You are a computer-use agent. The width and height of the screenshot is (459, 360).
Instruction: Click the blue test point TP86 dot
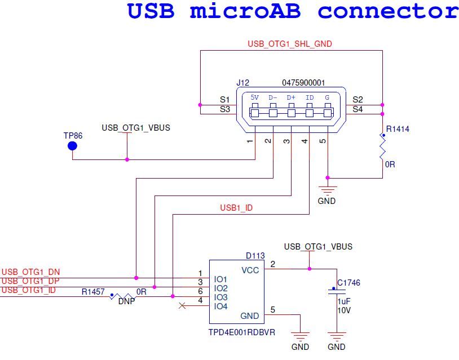pyautogui.click(x=72, y=146)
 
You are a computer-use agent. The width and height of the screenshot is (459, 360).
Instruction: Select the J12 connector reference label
pyautogui.click(x=242, y=83)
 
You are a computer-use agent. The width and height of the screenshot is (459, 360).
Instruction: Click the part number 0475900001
pyautogui.click(x=303, y=83)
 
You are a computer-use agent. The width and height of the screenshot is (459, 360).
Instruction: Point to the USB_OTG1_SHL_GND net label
pyautogui.click(x=290, y=43)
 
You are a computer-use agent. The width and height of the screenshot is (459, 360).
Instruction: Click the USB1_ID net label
pyautogui.click(x=236, y=208)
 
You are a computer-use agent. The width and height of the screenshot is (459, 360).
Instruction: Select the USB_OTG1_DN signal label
pyautogui.click(x=30, y=272)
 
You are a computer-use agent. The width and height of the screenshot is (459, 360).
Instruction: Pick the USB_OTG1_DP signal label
pyautogui.click(x=30, y=281)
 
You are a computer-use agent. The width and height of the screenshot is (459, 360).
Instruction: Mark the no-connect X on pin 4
pyautogui.click(x=182, y=306)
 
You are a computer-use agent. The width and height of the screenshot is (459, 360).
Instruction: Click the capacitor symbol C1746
pyautogui.click(x=337, y=291)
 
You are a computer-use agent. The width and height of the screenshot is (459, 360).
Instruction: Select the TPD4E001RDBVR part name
pyautogui.click(x=242, y=332)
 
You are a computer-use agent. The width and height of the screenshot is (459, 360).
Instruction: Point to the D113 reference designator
pyautogui.click(x=255, y=256)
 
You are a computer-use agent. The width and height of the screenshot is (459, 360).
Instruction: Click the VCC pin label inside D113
pyautogui.click(x=250, y=270)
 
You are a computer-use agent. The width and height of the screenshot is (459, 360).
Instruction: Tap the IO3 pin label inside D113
pyautogui.click(x=220, y=297)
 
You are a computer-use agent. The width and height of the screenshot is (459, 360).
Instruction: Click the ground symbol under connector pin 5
pyautogui.click(x=327, y=190)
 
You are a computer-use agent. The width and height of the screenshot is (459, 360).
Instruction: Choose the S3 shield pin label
pyautogui.click(x=224, y=109)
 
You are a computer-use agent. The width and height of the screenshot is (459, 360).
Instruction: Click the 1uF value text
pyautogui.click(x=344, y=301)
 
